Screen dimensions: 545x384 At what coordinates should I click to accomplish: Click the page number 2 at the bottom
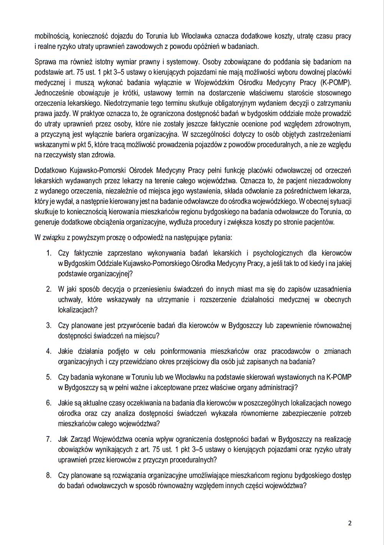tap(349, 523)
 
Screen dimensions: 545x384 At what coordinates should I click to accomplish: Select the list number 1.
tap(49, 253)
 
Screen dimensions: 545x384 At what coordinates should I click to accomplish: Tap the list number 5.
tap(49, 377)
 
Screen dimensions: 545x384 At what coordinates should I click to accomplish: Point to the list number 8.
tap(49, 475)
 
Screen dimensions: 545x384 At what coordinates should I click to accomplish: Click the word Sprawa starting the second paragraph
tap(45, 61)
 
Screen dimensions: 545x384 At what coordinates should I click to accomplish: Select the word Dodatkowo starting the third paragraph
tap(50, 170)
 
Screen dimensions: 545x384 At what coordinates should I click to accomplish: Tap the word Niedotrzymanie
tap(125, 103)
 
